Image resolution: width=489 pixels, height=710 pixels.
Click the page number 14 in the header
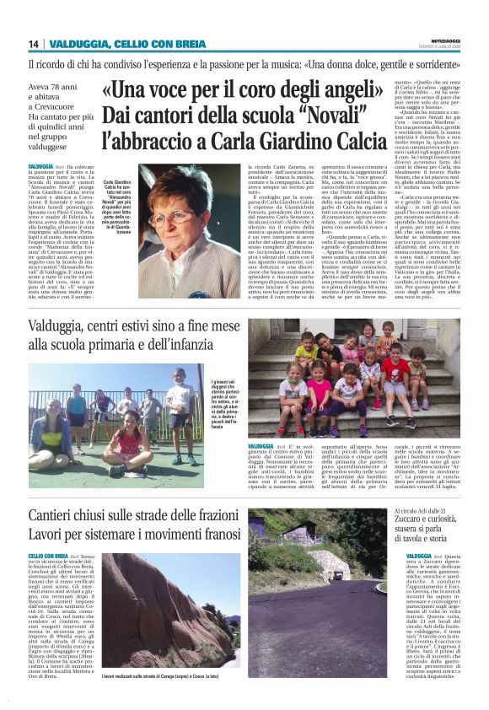[34, 44]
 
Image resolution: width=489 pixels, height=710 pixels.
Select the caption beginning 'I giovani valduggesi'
[223, 405]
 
